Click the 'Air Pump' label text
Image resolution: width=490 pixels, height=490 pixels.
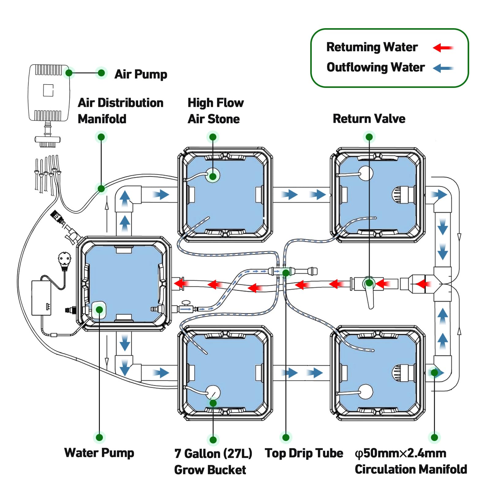click(x=141, y=74)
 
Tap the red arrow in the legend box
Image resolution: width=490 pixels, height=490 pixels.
click(x=443, y=48)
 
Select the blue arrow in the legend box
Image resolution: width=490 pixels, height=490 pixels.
click(x=443, y=68)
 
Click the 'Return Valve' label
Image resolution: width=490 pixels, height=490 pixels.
click(x=369, y=119)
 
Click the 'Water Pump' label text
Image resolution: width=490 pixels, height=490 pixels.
click(x=99, y=453)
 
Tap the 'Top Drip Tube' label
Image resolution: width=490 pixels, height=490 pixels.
click(x=304, y=453)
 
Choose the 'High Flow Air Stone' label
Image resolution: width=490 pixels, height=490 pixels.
click(x=215, y=111)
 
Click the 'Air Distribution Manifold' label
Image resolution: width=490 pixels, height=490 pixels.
click(x=120, y=111)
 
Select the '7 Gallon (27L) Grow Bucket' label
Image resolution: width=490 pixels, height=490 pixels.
click(x=213, y=462)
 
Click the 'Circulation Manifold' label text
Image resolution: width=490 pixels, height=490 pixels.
click(x=411, y=469)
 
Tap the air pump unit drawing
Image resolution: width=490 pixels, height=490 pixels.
click(x=49, y=92)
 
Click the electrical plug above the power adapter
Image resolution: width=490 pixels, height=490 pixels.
click(x=65, y=260)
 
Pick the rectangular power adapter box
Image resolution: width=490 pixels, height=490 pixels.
click(x=41, y=298)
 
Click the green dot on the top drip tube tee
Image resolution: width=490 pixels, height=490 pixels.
click(x=286, y=273)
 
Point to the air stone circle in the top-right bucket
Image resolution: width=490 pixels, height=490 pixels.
click(x=366, y=173)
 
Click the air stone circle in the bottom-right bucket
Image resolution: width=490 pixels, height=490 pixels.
click(x=366, y=391)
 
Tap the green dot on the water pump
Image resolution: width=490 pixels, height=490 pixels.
click(x=99, y=310)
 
